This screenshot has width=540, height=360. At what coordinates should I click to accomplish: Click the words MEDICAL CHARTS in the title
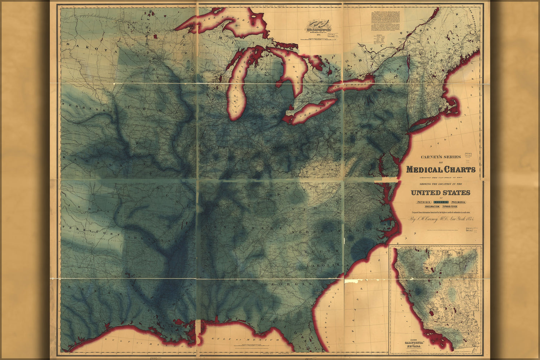pyautogui.click(x=441, y=170)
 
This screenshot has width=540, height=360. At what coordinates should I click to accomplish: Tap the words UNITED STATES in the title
pyautogui.click(x=440, y=193)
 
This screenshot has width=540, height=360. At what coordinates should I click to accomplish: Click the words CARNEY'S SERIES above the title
pyautogui.click(x=441, y=157)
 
